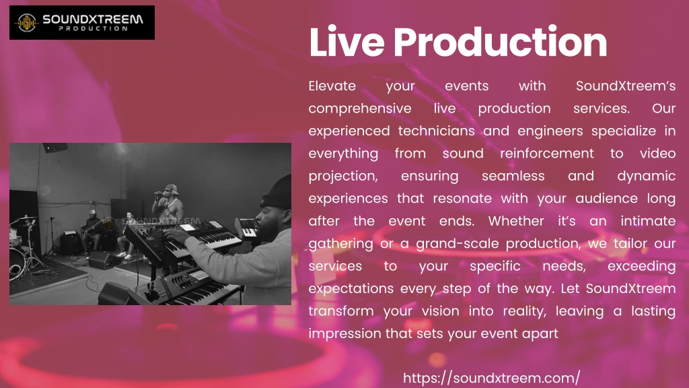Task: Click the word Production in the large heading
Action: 501,42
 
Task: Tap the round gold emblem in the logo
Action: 27,22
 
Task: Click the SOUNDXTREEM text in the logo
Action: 93,19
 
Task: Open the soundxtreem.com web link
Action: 491,378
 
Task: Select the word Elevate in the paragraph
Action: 332,86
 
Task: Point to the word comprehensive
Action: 360,108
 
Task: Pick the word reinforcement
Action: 546,154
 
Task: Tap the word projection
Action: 343,176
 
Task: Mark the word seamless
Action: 513,176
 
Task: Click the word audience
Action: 606,199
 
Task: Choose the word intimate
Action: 648,221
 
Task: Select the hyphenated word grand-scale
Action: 458,244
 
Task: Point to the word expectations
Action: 351,289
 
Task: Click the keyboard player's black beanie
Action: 276,192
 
